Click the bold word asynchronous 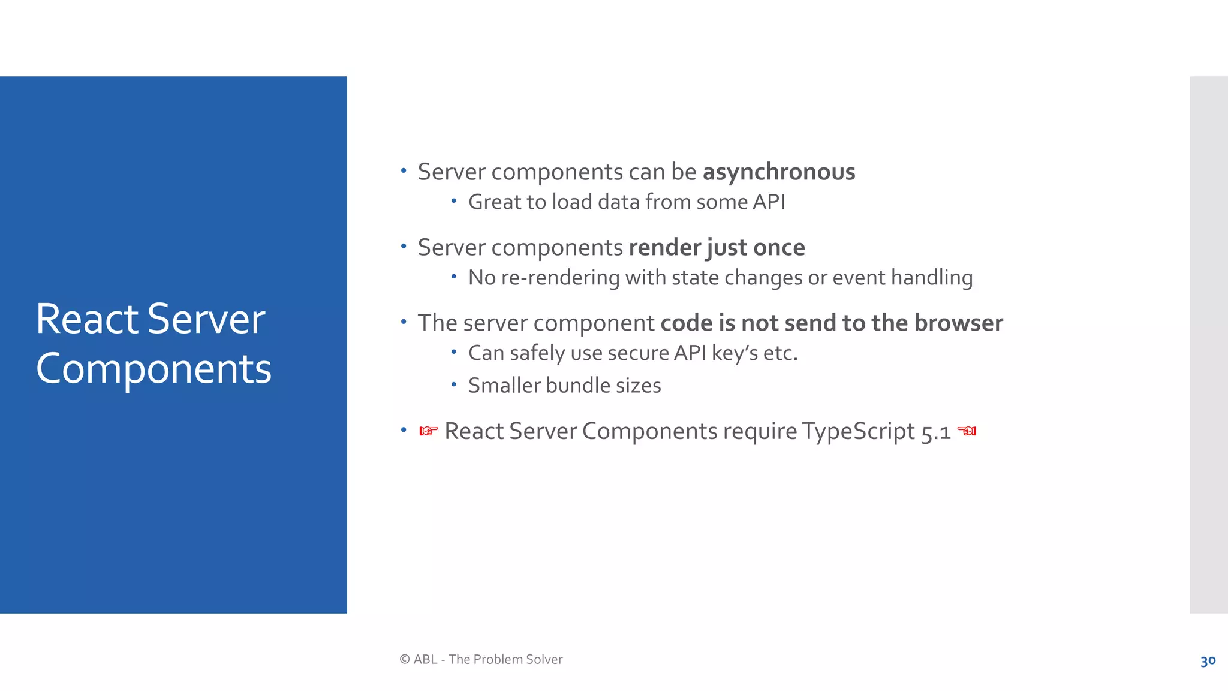778,172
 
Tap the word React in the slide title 87,319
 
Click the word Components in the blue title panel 153,369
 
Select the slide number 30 1208,661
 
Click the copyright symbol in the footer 405,660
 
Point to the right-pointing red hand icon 428,431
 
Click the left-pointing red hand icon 967,431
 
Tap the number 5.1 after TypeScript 936,432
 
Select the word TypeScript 859,432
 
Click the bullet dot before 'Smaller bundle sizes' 454,384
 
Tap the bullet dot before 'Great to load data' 454,200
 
